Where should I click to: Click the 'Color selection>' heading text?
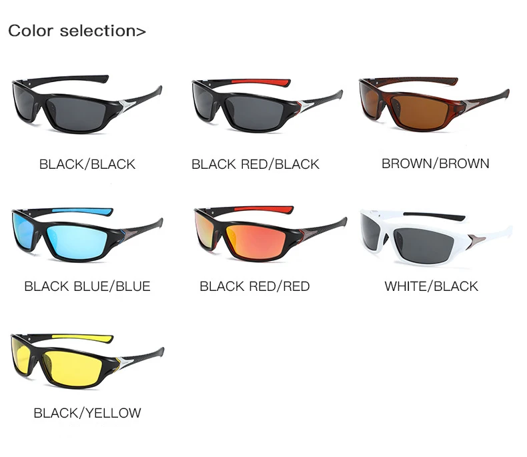click(x=77, y=31)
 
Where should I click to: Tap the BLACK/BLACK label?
click(x=87, y=163)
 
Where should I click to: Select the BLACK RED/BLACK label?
click(x=255, y=163)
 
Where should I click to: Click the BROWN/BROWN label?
click(x=436, y=163)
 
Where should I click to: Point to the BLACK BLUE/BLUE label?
click(x=87, y=286)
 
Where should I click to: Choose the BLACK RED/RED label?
click(x=255, y=286)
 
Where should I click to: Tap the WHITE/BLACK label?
click(x=432, y=286)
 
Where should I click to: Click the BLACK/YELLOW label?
click(x=87, y=413)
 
